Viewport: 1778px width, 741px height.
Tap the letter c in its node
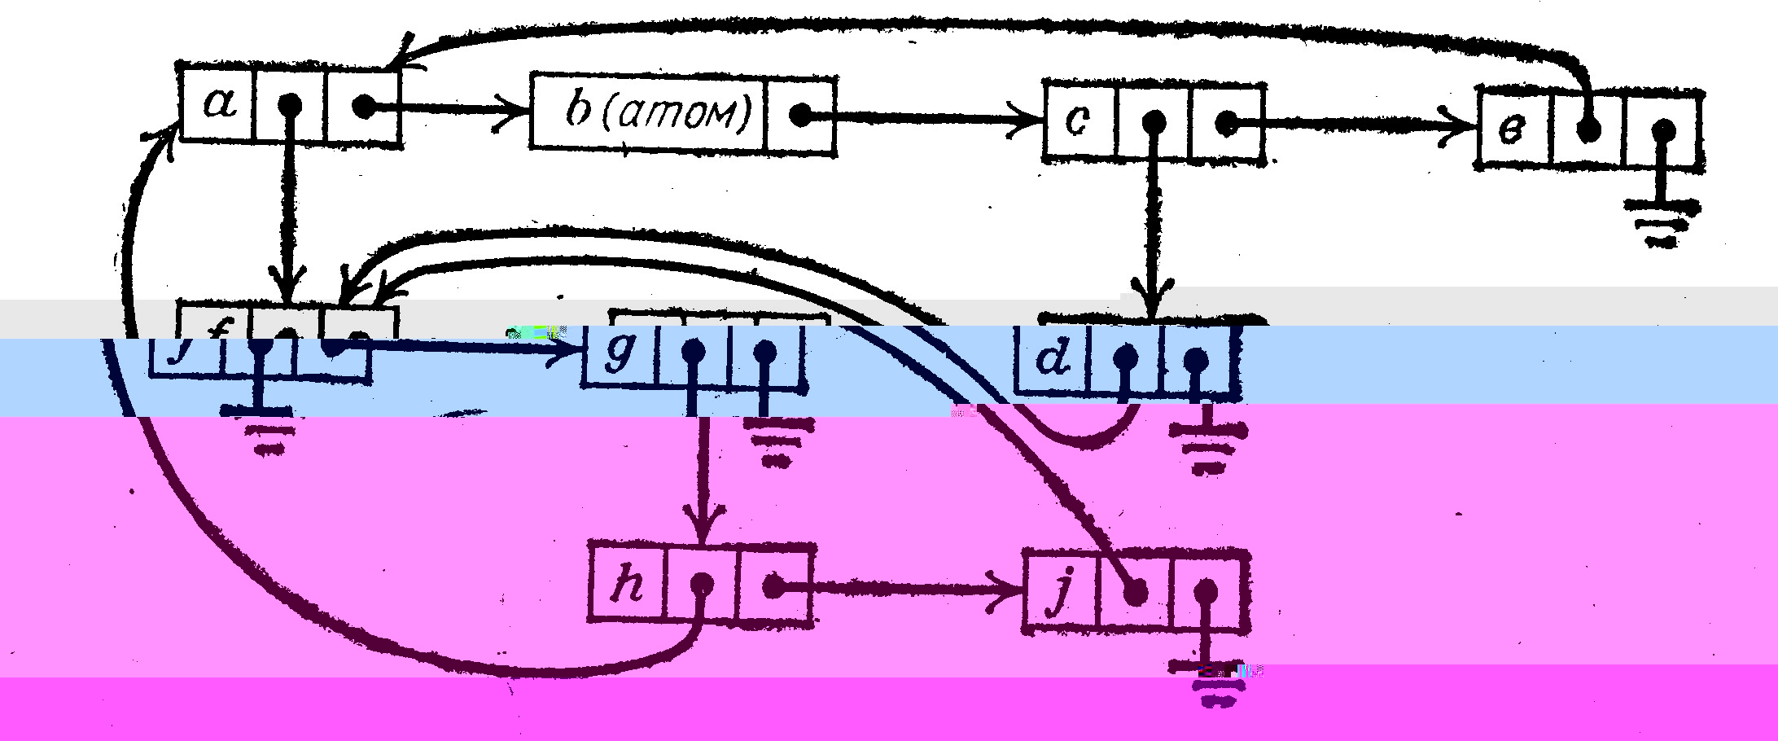(x=1077, y=121)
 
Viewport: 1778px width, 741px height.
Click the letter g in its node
(x=618, y=355)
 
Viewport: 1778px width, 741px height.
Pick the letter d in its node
(x=1053, y=358)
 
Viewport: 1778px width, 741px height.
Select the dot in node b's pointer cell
(x=801, y=115)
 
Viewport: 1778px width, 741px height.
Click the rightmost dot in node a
(x=364, y=106)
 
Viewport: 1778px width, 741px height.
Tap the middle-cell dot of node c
(x=1153, y=123)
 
